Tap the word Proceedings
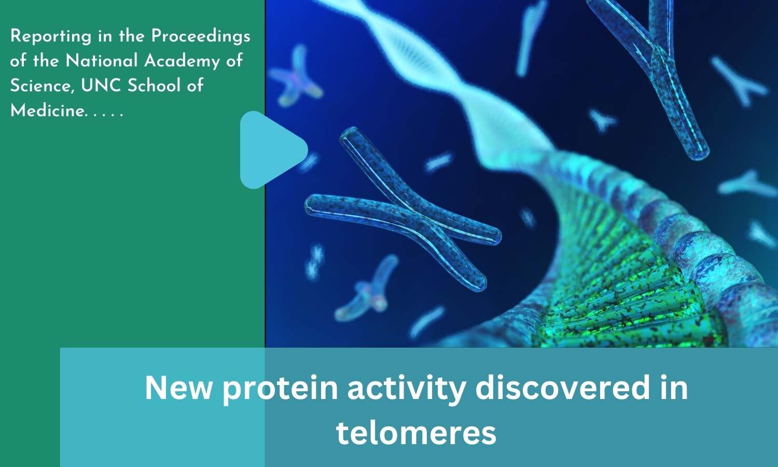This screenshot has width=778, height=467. pos(201,36)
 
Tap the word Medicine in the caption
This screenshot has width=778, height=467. pos(47,111)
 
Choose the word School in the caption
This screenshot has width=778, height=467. pos(150,86)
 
